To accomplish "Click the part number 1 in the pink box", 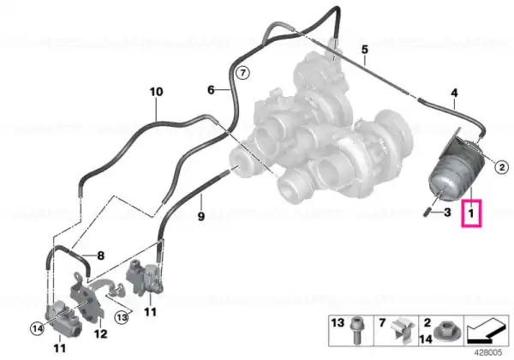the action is click(x=471, y=213).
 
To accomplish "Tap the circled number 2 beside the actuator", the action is click(x=501, y=167).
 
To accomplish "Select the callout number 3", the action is click(x=447, y=213).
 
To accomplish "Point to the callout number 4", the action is click(x=454, y=93).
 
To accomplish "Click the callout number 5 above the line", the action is click(x=365, y=50).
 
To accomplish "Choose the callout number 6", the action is click(x=211, y=89).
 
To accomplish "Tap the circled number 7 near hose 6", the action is click(x=242, y=73).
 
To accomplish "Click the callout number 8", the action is click(x=100, y=255).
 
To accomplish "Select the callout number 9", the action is click(x=201, y=216).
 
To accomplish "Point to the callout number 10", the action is click(x=156, y=92).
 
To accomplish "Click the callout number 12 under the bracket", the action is click(x=100, y=333).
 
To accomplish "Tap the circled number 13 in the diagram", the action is click(x=122, y=317).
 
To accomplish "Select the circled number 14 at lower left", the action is click(x=37, y=328).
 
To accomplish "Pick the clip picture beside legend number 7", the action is click(x=403, y=330).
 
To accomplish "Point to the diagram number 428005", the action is click(x=489, y=353).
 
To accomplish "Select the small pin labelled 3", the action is click(x=427, y=212).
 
